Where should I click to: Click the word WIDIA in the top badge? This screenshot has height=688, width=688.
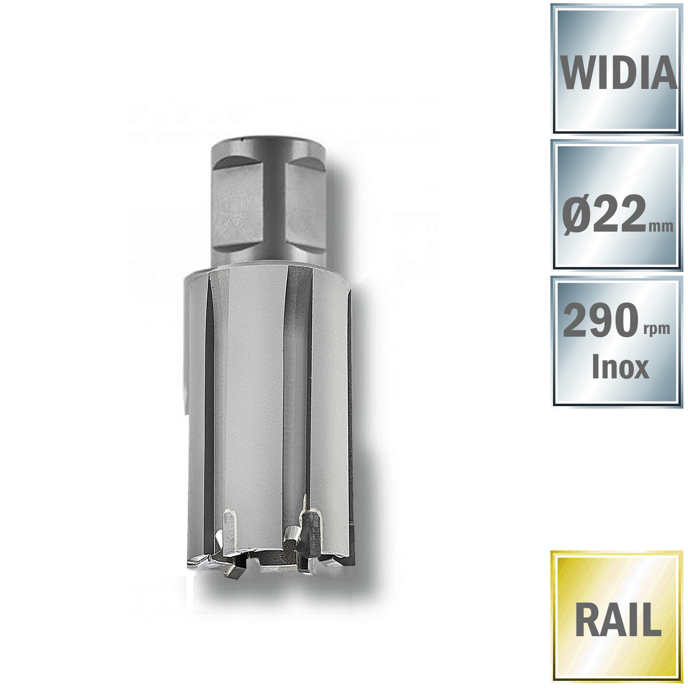[618, 73]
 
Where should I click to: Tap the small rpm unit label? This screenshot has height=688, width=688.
[657, 328]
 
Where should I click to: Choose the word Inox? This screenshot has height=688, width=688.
[620, 367]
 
